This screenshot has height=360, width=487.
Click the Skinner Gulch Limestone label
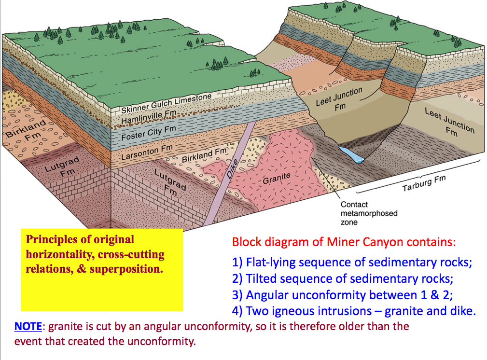point(166,104)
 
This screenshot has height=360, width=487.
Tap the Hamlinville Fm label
point(149,116)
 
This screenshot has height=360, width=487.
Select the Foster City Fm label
point(149,133)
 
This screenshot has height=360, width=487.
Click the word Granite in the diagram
point(277,178)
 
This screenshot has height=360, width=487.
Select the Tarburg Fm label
point(424,183)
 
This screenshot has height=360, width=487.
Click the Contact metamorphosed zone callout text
point(369,213)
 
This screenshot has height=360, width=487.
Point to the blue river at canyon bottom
point(351,154)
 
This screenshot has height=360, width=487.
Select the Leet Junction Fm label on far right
point(450,123)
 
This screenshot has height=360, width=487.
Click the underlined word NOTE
point(28,326)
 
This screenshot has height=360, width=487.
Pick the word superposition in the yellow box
point(126,269)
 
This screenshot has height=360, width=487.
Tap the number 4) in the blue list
point(237,311)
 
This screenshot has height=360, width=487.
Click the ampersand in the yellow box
point(82,269)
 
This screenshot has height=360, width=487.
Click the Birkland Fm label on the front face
point(204,155)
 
